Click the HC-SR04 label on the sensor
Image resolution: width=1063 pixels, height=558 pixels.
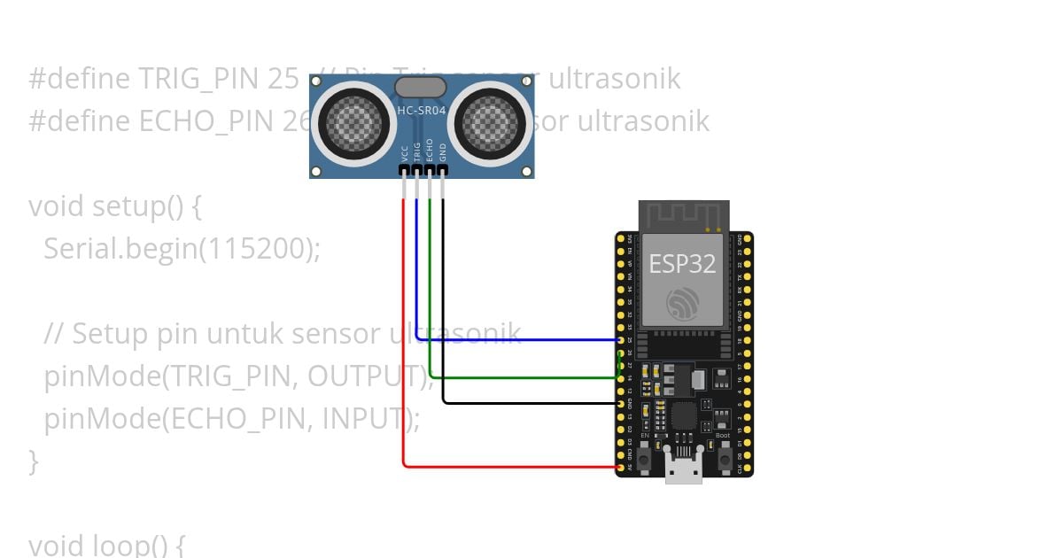422,111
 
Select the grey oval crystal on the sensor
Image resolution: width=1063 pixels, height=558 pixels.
420,87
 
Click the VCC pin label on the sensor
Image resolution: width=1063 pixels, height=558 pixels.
405,152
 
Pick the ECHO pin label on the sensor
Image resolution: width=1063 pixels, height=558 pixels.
430,150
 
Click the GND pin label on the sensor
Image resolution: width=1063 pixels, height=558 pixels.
443,151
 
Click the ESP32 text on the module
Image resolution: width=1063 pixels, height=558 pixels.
682,264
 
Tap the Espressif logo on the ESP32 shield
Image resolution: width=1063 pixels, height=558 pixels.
683,304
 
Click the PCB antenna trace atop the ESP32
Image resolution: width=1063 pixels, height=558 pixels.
683,218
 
